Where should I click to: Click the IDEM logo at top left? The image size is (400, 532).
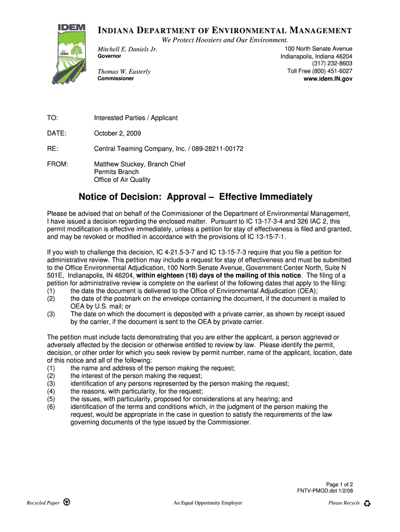(x=70, y=54)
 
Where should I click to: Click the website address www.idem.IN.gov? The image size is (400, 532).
(x=328, y=79)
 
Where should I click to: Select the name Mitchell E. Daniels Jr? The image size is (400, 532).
(x=128, y=49)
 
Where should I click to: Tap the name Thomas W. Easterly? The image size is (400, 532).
(x=125, y=72)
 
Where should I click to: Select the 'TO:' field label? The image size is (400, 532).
(x=52, y=118)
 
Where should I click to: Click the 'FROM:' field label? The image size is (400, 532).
(x=58, y=164)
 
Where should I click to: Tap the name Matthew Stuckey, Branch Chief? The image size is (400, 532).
(x=139, y=164)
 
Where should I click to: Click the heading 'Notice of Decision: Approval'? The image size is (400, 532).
(x=195, y=197)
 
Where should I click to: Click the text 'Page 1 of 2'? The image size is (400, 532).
(x=339, y=484)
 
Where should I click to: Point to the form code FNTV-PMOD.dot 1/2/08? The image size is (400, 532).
(x=325, y=491)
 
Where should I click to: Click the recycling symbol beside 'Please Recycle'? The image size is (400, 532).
(x=368, y=503)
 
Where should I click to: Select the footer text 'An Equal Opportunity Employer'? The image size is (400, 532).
(x=208, y=503)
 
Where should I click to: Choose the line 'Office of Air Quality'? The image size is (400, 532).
(x=122, y=180)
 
